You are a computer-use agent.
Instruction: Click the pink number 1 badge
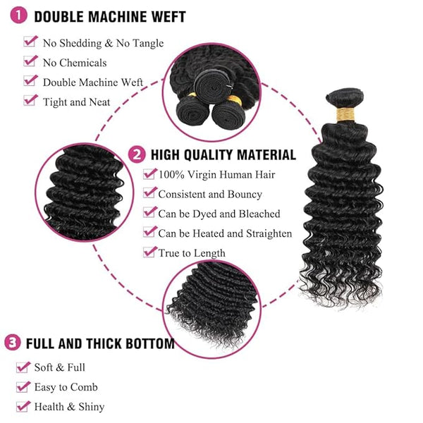tap(18, 16)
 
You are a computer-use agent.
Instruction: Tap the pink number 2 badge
tap(137, 154)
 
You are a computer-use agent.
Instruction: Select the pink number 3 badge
tap(13, 343)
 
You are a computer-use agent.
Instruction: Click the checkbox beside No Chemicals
tap(30, 61)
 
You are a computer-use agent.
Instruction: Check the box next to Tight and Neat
tap(30, 100)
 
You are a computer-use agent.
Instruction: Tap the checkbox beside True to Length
tap(149, 252)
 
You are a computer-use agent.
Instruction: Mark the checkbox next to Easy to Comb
tap(23, 386)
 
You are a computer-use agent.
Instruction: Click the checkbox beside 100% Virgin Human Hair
tap(149, 173)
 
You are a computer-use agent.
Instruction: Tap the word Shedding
tap(80, 44)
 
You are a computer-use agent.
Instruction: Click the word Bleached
tap(259, 214)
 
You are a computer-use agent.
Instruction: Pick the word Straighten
tap(269, 233)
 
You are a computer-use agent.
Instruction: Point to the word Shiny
tap(92, 407)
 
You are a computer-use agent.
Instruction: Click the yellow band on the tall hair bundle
tap(345, 114)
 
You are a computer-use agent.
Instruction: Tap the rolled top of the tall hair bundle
tap(345, 97)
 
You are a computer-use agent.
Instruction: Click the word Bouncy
tap(245, 195)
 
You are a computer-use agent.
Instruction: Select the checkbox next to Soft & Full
tap(23, 367)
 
